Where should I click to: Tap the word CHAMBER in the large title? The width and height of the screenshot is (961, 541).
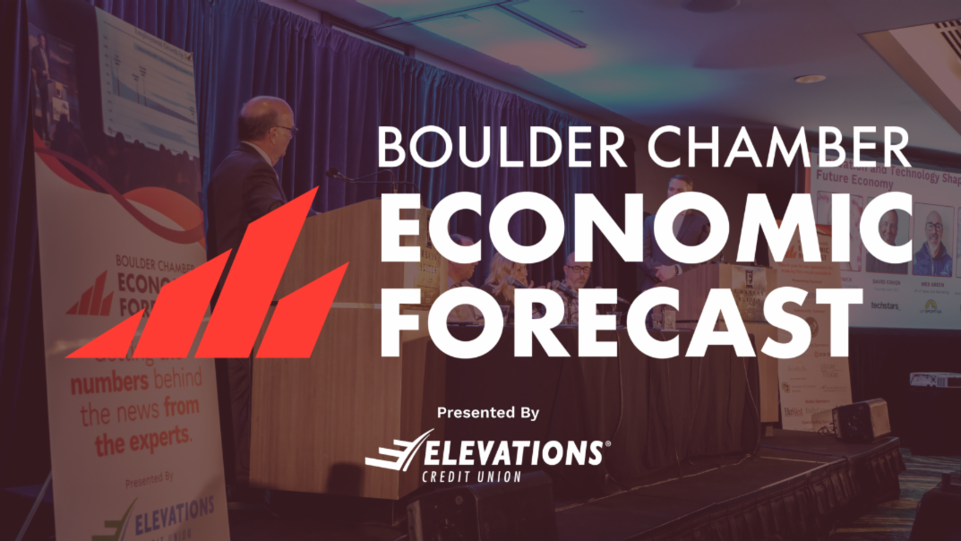pos(761,147)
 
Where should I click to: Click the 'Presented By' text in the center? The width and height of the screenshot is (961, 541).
pos(488,413)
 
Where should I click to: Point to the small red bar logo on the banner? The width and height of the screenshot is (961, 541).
pos(89,295)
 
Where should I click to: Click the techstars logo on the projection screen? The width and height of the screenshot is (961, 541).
pos(885,305)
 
